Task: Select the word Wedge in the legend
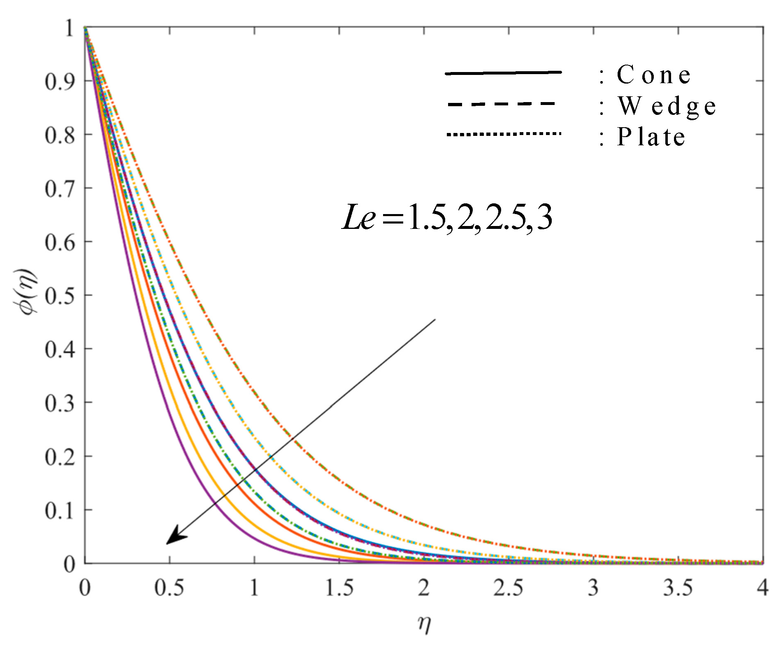[667, 106]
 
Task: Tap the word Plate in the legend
[651, 137]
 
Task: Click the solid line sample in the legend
[503, 73]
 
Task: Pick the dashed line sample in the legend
[501, 104]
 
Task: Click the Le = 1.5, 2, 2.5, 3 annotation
[447, 217]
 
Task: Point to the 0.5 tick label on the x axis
[169, 588]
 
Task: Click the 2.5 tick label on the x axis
[509, 588]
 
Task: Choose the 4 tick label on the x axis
[763, 588]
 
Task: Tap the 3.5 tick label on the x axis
[678, 588]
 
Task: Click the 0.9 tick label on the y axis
[60, 82]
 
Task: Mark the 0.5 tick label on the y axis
[60, 296]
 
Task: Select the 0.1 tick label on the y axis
[60, 511]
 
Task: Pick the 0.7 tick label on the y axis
[60, 189]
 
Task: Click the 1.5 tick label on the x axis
[339, 588]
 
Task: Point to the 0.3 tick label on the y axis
[60, 403]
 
